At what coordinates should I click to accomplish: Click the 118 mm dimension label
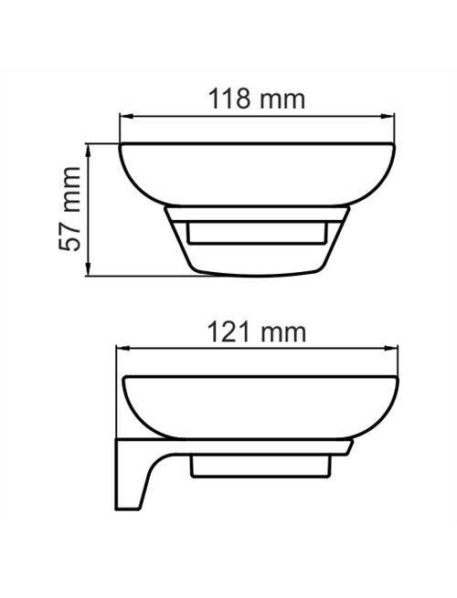pyautogui.click(x=257, y=100)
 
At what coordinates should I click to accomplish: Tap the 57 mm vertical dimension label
pyautogui.click(x=70, y=208)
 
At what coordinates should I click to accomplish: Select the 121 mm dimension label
pyautogui.click(x=257, y=332)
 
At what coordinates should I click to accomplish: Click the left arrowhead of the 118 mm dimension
pyautogui.click(x=126, y=116)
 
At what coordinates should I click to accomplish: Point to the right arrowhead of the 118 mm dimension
pyautogui.click(x=388, y=116)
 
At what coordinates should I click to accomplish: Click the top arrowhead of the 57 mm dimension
pyautogui.click(x=89, y=150)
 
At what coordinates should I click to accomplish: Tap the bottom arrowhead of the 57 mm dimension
pyautogui.click(x=89, y=269)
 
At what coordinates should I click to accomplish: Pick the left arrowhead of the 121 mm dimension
pyautogui.click(x=122, y=348)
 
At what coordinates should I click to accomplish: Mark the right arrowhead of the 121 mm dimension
pyautogui.click(x=392, y=348)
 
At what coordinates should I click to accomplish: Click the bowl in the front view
pyautogui.click(x=258, y=175)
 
